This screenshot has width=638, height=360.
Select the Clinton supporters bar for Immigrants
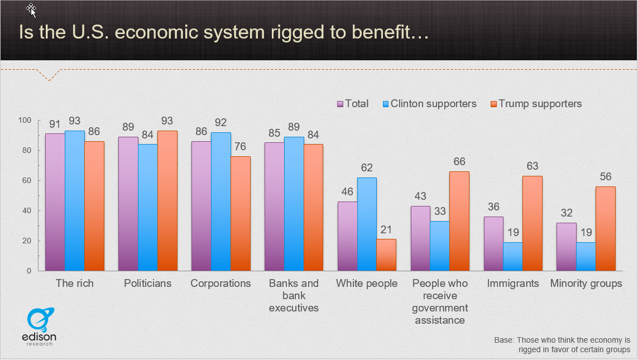point(512,256)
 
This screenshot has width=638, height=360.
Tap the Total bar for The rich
point(55,202)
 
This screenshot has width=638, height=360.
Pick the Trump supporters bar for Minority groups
point(605,228)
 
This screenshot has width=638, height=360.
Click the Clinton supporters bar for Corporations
point(220,201)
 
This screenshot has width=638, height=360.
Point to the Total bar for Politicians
point(128,204)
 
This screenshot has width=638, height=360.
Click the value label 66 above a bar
point(459,161)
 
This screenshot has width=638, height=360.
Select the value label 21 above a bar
point(386,229)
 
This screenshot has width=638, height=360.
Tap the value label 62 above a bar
point(367,167)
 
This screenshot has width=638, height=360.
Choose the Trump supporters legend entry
point(535,104)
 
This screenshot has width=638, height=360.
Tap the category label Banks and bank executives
point(294,295)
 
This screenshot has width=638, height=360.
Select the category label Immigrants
point(513,284)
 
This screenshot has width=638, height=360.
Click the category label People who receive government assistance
point(440,301)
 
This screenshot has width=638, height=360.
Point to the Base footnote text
point(562,344)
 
